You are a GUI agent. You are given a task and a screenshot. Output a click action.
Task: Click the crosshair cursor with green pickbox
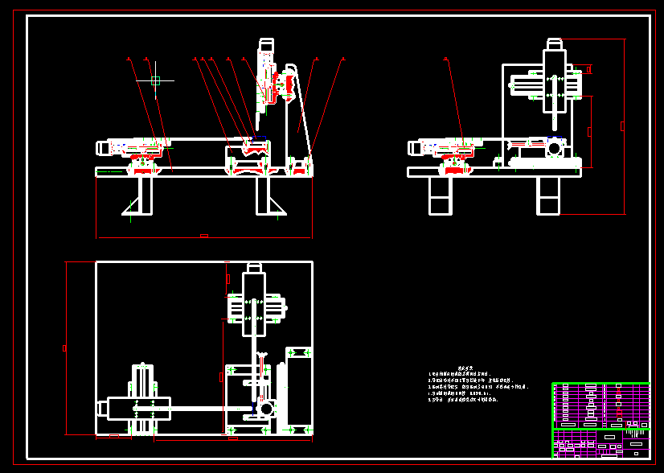pyautogui.click(x=155, y=80)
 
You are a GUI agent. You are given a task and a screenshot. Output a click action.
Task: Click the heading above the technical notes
pyautogui.click(x=457, y=367)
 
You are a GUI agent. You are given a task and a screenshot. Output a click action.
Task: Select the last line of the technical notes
pyautogui.click(x=458, y=399)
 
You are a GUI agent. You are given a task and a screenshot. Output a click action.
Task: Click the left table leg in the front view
pyautogui.click(x=146, y=195)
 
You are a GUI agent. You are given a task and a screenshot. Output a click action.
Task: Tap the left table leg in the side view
pyautogui.click(x=441, y=195)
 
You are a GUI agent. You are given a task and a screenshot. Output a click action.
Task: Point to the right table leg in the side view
pyautogui.click(x=549, y=195)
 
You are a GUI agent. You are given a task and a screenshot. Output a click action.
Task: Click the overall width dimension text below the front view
pyautogui.click(x=204, y=236)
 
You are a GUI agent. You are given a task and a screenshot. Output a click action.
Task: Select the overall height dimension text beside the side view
pyautogui.click(x=622, y=126)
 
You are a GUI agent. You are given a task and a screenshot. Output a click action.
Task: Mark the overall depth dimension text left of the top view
pyautogui.click(x=64, y=348)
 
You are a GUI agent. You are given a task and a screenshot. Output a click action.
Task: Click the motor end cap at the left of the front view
pyautogui.click(x=103, y=148)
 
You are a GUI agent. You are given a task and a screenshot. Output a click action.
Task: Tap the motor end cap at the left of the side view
pyautogui.click(x=413, y=148)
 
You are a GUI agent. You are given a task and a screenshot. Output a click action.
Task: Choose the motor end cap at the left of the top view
pyautogui.click(x=103, y=409)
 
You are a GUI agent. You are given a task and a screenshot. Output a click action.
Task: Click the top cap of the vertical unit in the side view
pyautogui.click(x=555, y=43)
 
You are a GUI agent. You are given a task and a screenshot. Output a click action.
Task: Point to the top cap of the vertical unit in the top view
pyautogui.click(x=255, y=267)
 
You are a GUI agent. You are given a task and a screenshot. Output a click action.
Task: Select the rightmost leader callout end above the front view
pyautogui.click(x=343, y=59)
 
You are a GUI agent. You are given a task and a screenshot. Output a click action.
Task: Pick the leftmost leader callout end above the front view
pyautogui.click(x=129, y=59)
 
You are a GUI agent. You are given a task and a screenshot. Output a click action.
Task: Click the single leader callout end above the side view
pyautogui.click(x=446, y=59)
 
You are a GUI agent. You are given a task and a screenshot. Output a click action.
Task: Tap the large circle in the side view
pyautogui.click(x=554, y=149)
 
